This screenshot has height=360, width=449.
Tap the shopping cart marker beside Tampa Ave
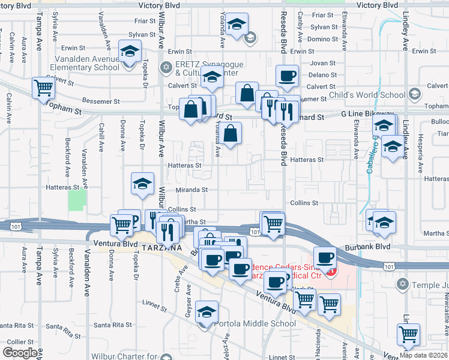(x=44, y=88)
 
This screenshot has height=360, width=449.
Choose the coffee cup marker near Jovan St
(x=286, y=76)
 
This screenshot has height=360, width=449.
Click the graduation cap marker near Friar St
(x=238, y=25)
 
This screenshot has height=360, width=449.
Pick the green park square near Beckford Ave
(x=76, y=200)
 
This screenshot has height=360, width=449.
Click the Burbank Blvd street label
(x=368, y=247)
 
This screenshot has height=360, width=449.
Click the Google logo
(x=20, y=353)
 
